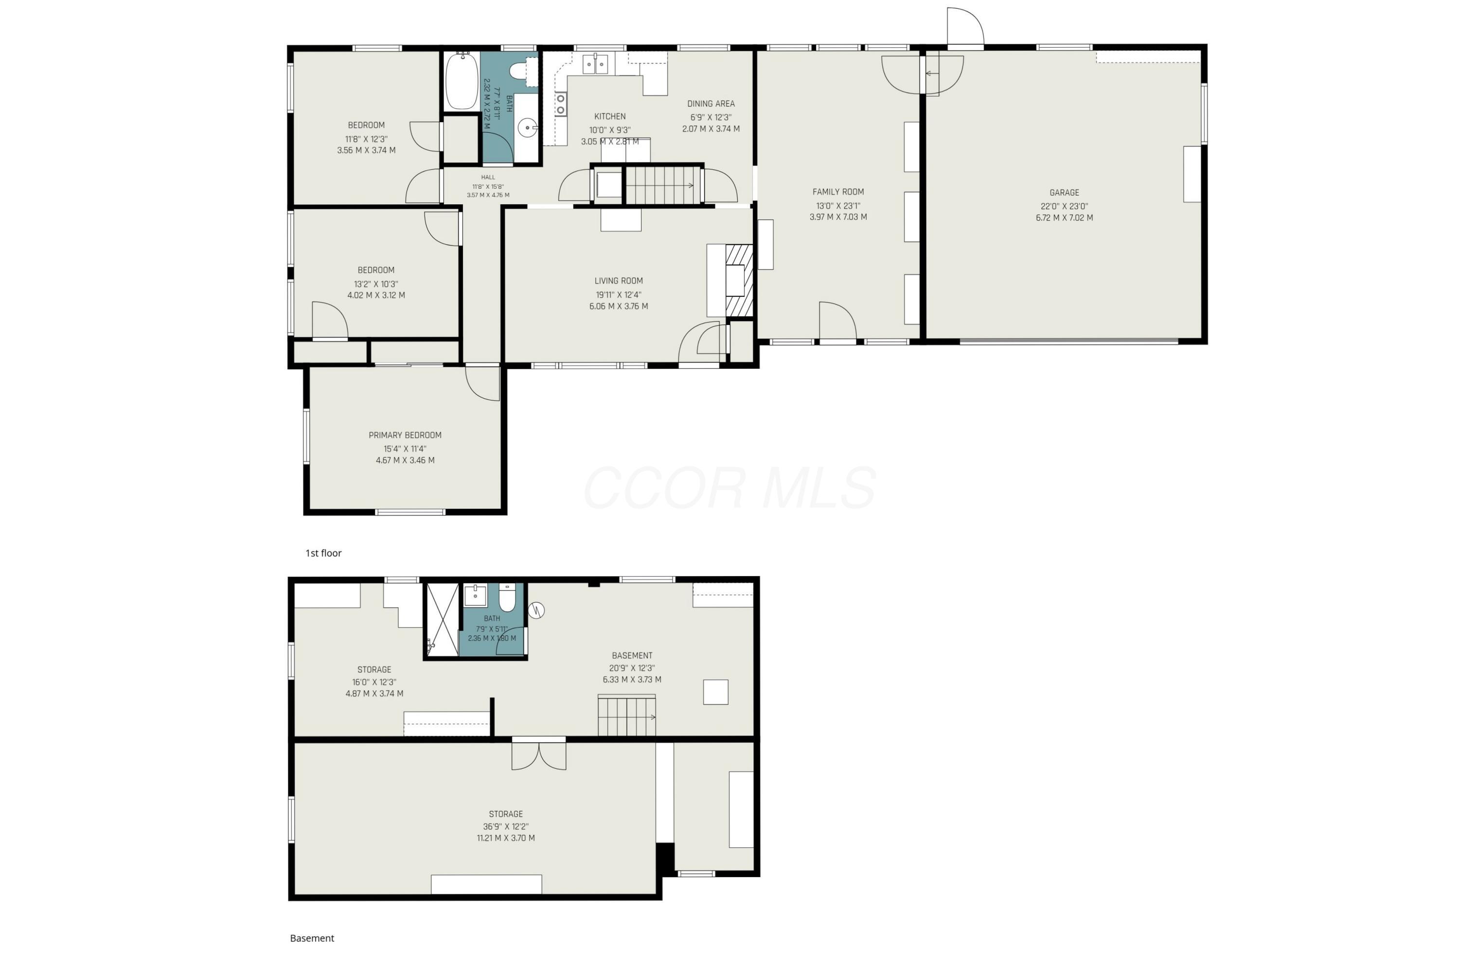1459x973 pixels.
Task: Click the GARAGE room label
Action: pyautogui.click(x=1064, y=193)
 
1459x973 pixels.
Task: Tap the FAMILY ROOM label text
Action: pyautogui.click(x=838, y=192)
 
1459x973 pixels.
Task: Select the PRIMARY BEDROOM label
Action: pyautogui.click(x=405, y=435)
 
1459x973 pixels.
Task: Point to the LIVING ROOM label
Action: pyautogui.click(x=619, y=281)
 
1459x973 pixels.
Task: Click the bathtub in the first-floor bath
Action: pyautogui.click(x=462, y=81)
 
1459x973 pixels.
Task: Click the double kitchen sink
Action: pyautogui.click(x=595, y=64)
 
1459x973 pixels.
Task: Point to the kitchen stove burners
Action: pyautogui.click(x=561, y=104)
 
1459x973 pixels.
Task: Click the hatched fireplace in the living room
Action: pyautogui.click(x=739, y=281)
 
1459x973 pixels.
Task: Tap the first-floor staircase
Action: pyautogui.click(x=662, y=185)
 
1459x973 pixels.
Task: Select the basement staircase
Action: pyautogui.click(x=626, y=716)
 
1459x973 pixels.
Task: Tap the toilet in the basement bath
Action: pyautogui.click(x=507, y=597)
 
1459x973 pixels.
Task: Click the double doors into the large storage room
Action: pyautogui.click(x=538, y=755)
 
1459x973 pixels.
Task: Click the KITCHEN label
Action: pyautogui.click(x=610, y=117)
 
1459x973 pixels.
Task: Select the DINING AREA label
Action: pyautogui.click(x=711, y=104)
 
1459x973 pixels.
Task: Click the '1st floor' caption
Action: pyautogui.click(x=323, y=553)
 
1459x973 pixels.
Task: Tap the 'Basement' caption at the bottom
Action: pyautogui.click(x=312, y=938)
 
